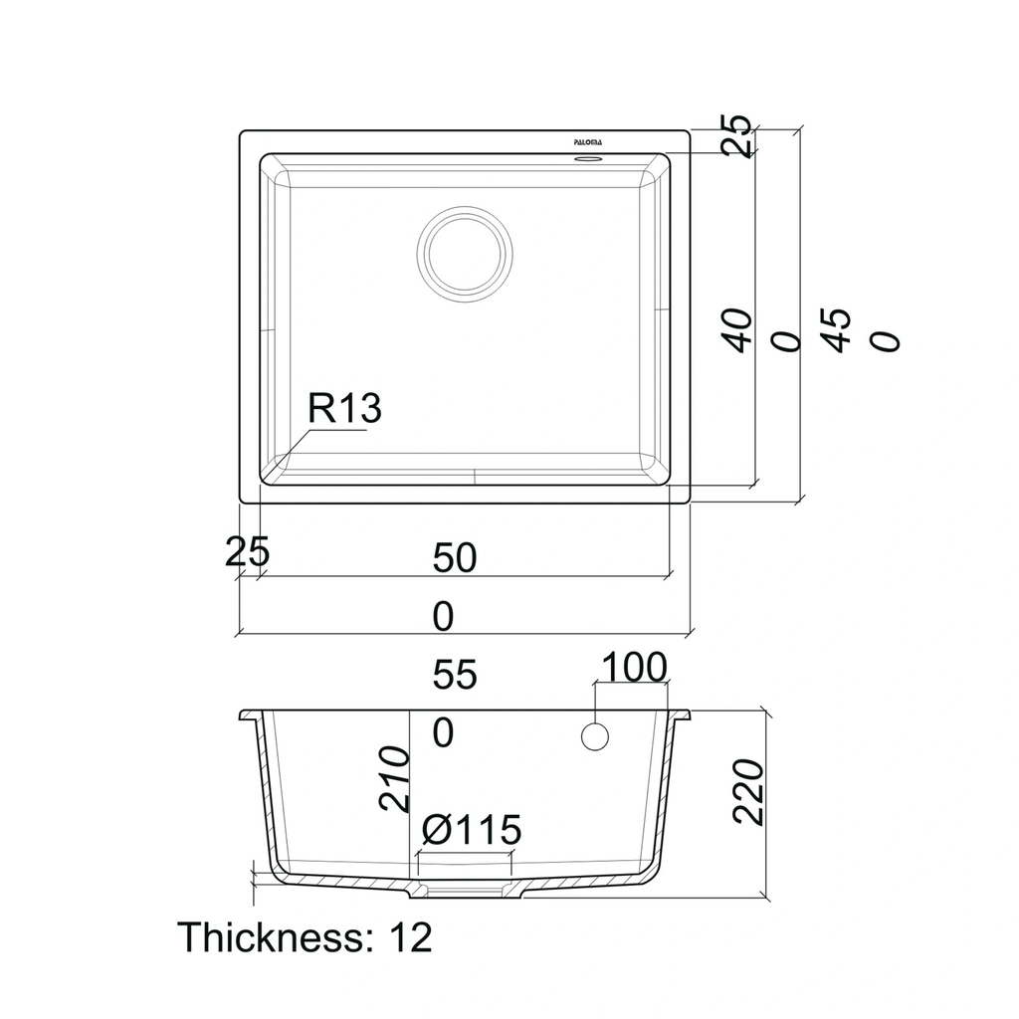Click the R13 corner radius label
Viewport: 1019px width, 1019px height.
click(343, 408)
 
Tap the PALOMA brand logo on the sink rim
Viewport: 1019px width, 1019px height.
click(587, 142)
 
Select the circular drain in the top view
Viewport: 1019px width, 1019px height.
click(465, 254)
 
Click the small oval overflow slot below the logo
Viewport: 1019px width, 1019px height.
click(587, 158)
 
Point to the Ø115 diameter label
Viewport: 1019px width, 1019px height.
click(471, 829)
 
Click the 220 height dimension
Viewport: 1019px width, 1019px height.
click(748, 792)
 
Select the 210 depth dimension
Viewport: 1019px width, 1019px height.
click(394, 778)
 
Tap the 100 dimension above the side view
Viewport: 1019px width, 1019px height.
click(634, 667)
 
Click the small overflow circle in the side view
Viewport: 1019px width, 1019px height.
click(595, 737)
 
